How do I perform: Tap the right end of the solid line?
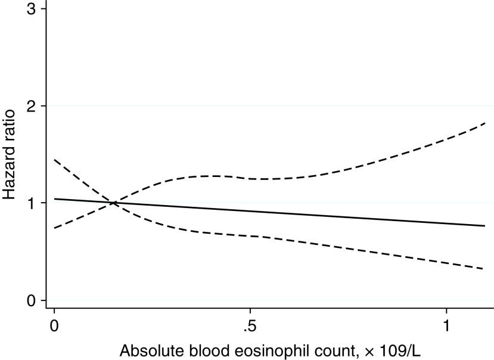485,226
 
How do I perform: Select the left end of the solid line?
55,199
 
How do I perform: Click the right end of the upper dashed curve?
485,123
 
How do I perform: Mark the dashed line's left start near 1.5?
55,160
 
